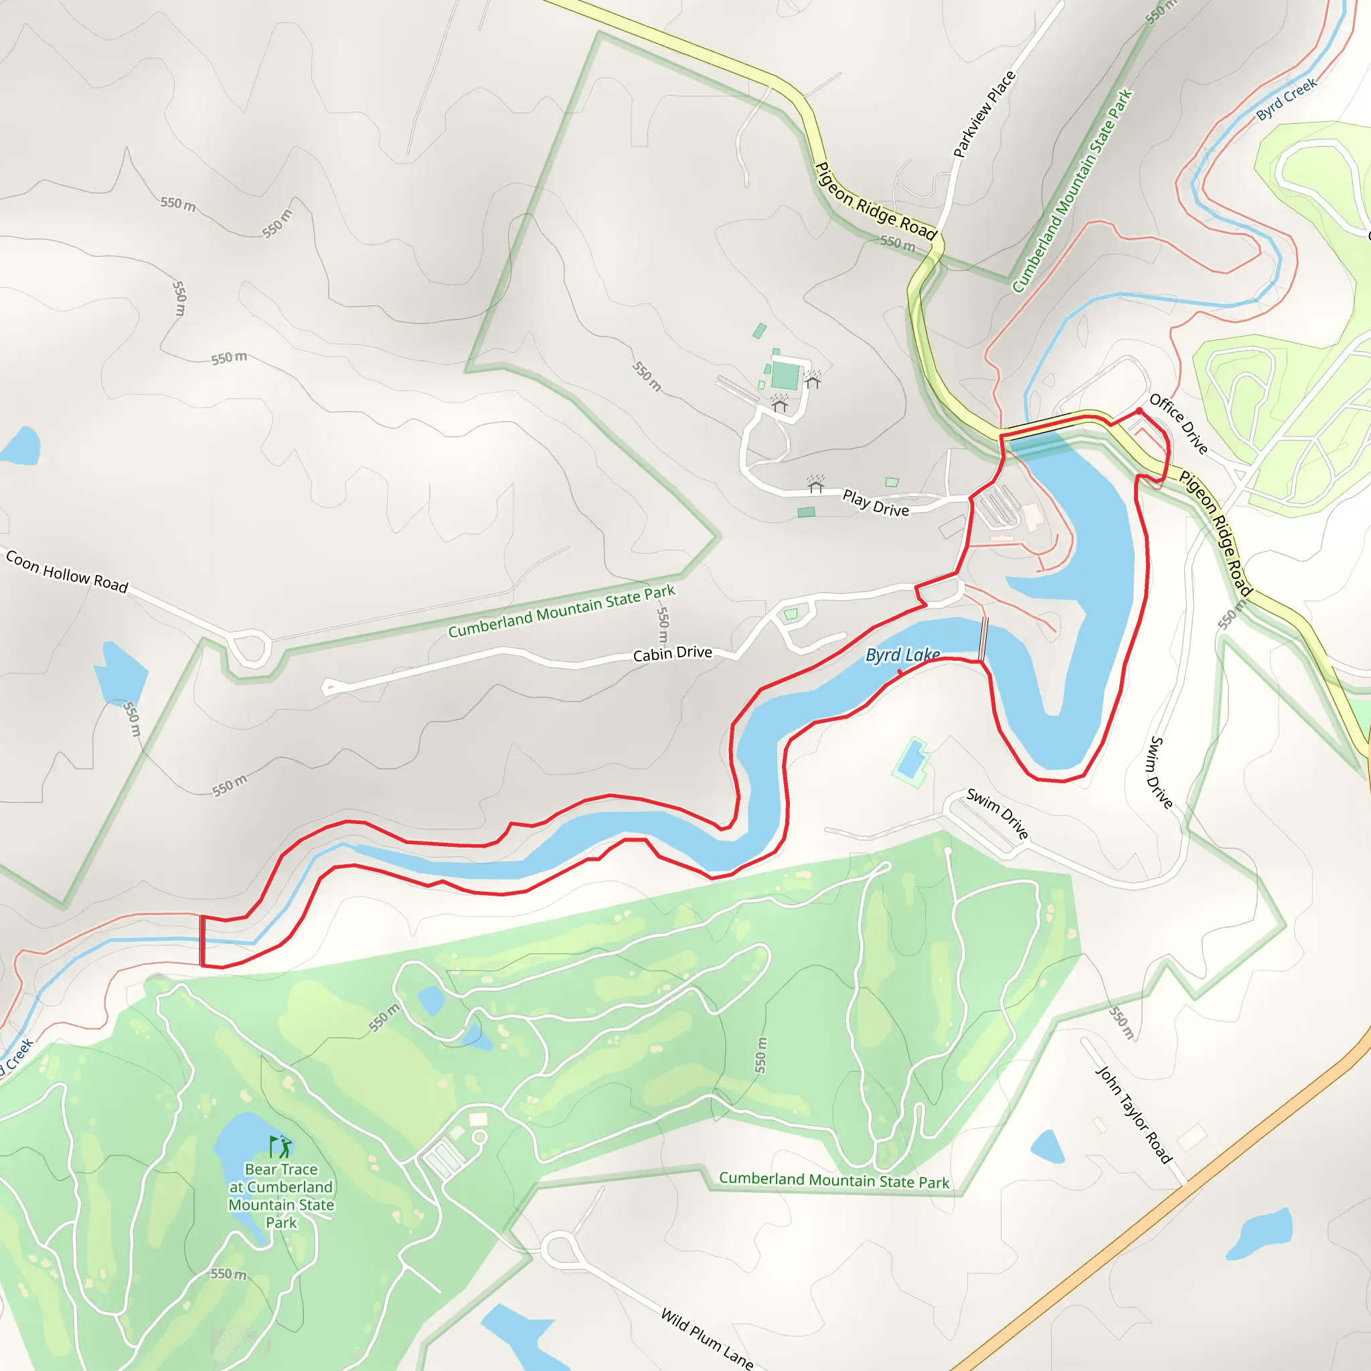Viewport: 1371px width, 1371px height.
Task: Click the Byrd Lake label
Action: (x=902, y=654)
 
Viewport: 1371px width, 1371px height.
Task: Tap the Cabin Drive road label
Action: (x=672, y=653)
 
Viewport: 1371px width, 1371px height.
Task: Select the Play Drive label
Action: (x=875, y=503)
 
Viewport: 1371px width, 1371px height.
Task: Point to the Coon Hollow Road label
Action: (x=67, y=572)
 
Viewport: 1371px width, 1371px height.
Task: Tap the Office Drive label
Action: (x=1178, y=424)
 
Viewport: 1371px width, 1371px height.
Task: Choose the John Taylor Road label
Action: (x=1133, y=1114)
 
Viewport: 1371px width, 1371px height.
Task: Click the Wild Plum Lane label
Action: (x=706, y=1338)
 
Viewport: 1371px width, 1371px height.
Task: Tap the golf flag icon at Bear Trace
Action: (x=280, y=1146)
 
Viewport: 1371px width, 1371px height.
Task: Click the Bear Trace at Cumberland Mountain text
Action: (x=281, y=1195)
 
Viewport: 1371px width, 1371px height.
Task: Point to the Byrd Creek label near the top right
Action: (x=1286, y=99)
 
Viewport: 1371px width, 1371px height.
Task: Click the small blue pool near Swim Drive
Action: (x=910, y=760)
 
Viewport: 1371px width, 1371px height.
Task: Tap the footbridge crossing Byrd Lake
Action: (x=983, y=638)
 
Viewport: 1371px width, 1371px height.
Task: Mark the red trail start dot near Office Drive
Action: (x=1139, y=411)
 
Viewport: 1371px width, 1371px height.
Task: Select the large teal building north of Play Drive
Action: (x=785, y=375)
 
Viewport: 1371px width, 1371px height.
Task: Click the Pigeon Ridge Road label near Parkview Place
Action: (x=876, y=201)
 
